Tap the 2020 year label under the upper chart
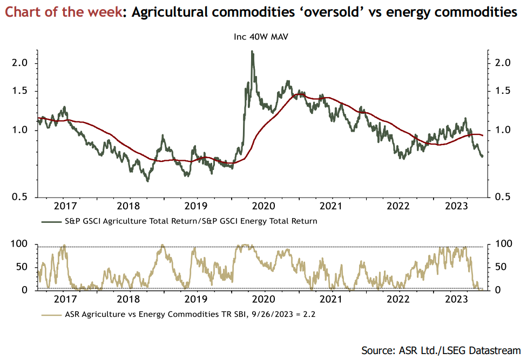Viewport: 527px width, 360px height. [x=263, y=206]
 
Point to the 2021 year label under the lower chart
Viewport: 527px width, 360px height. [x=330, y=299]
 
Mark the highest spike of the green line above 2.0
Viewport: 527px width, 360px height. [x=252, y=52]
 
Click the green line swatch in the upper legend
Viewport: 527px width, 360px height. [x=51, y=221]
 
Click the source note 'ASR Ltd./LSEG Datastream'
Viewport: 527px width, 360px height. [x=460, y=350]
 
